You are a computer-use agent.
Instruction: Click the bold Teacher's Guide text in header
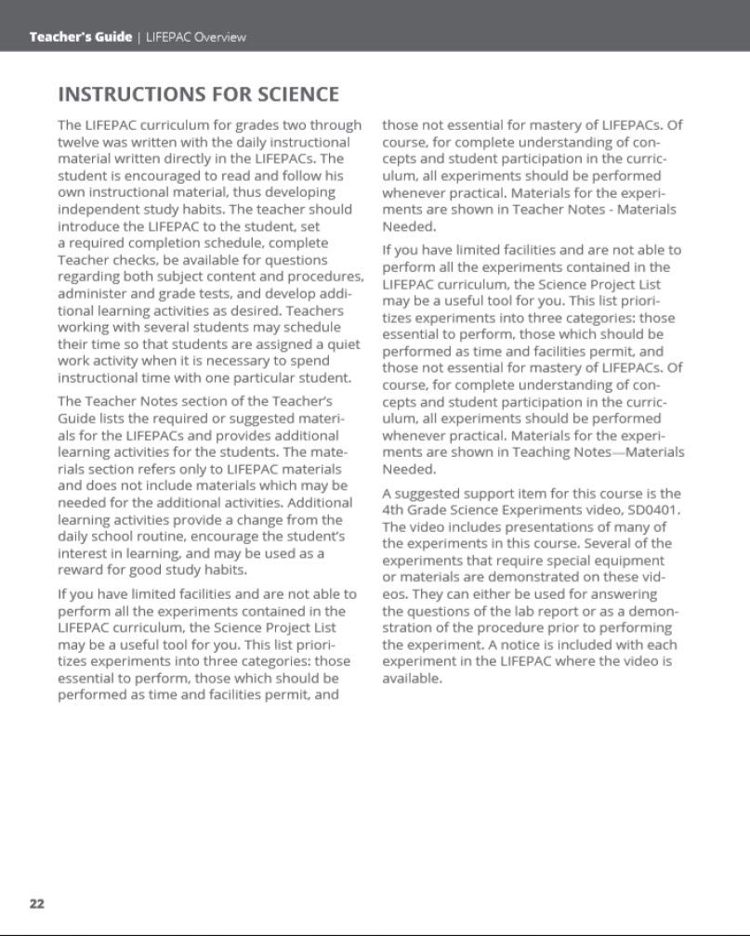80,37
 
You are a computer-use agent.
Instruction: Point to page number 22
37,903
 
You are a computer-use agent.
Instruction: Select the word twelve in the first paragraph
78,142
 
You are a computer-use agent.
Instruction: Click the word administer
97,293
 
